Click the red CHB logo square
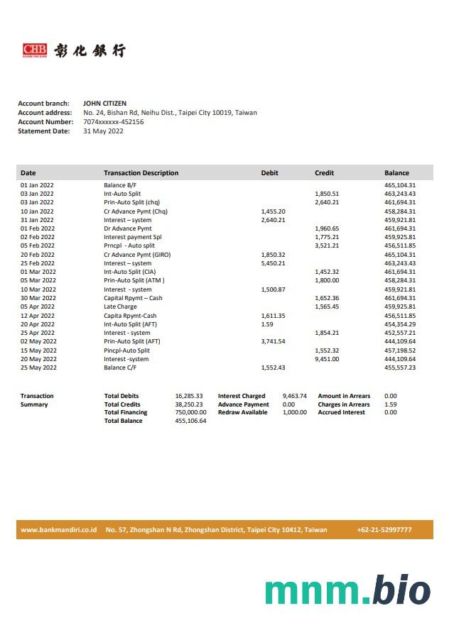point(34,50)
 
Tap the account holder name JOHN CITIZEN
point(104,104)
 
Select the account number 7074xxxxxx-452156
point(113,122)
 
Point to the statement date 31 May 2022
point(103,131)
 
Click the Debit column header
point(270,173)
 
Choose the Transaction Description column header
point(141,173)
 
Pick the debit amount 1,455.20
point(273,211)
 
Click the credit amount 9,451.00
point(327,359)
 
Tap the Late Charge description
point(120,307)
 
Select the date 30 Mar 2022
point(38,298)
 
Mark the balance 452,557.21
point(400,333)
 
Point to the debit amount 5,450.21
point(273,263)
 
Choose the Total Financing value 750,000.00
point(190,412)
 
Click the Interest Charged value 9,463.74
point(294,396)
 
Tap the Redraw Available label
point(242,412)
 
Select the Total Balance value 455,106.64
point(190,421)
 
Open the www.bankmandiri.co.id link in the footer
point(58,530)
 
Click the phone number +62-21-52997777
point(384,530)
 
